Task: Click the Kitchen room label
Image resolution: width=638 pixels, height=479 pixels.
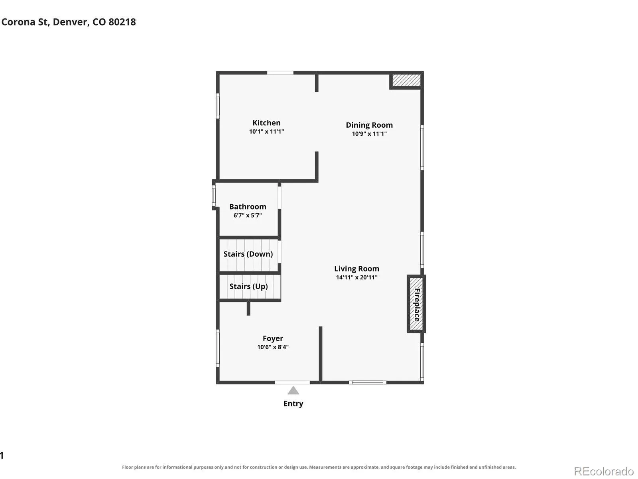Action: tap(266, 123)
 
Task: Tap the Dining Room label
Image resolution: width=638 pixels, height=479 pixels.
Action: tap(369, 125)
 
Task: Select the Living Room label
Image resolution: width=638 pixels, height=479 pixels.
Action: tap(356, 269)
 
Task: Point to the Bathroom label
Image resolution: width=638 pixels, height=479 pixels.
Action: tap(248, 206)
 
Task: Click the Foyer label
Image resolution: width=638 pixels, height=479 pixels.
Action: tap(273, 338)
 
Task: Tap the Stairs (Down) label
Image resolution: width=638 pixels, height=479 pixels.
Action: tap(248, 254)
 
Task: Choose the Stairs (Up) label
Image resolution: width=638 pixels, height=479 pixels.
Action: tap(248, 287)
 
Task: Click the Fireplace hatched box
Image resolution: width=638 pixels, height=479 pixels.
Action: tap(416, 304)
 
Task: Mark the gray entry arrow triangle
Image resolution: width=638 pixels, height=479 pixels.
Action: tap(293, 390)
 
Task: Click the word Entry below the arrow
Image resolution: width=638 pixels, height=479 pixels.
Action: tap(293, 404)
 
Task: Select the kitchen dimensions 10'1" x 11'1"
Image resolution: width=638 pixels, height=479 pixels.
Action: tap(266, 131)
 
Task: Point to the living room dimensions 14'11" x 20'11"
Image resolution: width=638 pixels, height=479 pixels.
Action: tap(356, 277)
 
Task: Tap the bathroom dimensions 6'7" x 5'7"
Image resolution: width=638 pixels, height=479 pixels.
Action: tap(248, 215)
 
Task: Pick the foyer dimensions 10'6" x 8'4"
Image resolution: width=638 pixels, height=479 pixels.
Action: tap(273, 347)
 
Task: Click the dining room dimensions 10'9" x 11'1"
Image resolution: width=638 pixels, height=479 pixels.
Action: tap(369, 134)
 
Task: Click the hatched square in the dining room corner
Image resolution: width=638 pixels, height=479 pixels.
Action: tap(406, 80)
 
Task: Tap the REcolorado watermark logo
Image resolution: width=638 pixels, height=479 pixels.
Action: tap(604, 471)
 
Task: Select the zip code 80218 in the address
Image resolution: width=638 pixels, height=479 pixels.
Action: tap(122, 22)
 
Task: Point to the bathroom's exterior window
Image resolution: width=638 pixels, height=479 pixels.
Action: tap(214, 196)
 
